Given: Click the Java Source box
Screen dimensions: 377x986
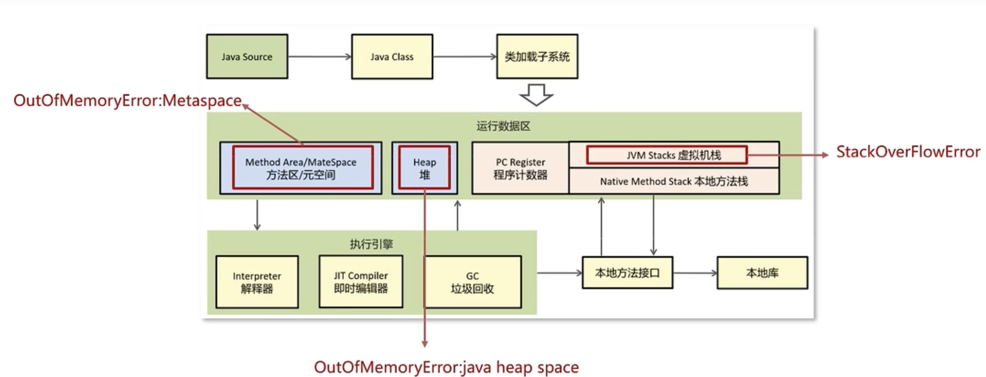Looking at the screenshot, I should click(x=247, y=57).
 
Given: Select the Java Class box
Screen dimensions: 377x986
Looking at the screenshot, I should click(x=392, y=57).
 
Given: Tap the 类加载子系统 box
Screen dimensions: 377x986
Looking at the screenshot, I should click(x=537, y=57).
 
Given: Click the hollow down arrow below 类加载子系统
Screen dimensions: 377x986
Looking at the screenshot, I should click(x=536, y=95).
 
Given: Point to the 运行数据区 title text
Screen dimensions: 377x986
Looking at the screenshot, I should click(x=503, y=126).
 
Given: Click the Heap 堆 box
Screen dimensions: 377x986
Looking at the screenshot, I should click(x=424, y=168).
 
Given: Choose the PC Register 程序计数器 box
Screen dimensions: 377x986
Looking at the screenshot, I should click(x=520, y=168).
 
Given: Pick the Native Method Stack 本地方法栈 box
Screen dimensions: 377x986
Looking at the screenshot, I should click(x=673, y=181).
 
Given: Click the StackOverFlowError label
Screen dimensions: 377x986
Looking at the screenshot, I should click(x=908, y=152).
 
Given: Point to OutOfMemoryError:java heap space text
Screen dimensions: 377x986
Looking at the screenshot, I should click(x=446, y=367).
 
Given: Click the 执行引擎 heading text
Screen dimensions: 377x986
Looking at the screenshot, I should click(x=371, y=244).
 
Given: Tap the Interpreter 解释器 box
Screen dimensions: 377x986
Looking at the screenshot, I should click(x=257, y=282).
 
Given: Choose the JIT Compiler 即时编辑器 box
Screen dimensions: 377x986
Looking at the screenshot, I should click(x=361, y=282).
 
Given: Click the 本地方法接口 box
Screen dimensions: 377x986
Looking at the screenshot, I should click(x=627, y=272).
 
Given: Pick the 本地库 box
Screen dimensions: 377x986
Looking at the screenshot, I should click(x=762, y=272).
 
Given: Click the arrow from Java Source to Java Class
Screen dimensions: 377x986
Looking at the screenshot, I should click(x=319, y=57).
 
